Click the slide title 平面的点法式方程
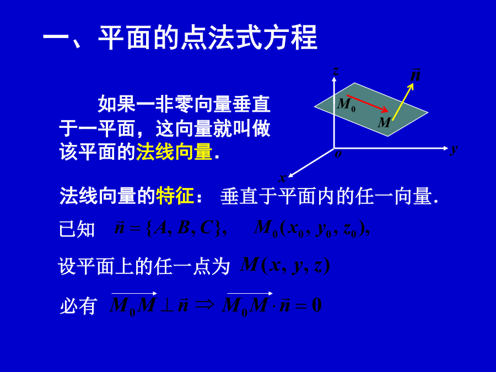coord(208,38)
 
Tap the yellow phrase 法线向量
coord(174,152)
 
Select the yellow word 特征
coord(175,196)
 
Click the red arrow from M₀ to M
coord(368,104)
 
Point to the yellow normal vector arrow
coord(403,101)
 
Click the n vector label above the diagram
coord(416,75)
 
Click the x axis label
coord(282,179)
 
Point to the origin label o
coord(338,154)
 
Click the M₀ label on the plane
coord(347,104)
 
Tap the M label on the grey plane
coord(384,122)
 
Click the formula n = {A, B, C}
coord(171,228)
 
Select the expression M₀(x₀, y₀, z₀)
coord(312,228)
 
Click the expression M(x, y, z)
coord(285,265)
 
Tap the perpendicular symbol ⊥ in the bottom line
coord(166,305)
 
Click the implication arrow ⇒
coord(204,305)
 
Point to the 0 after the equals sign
coord(317,305)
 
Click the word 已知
coord(77,229)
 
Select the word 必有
coord(78,306)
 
